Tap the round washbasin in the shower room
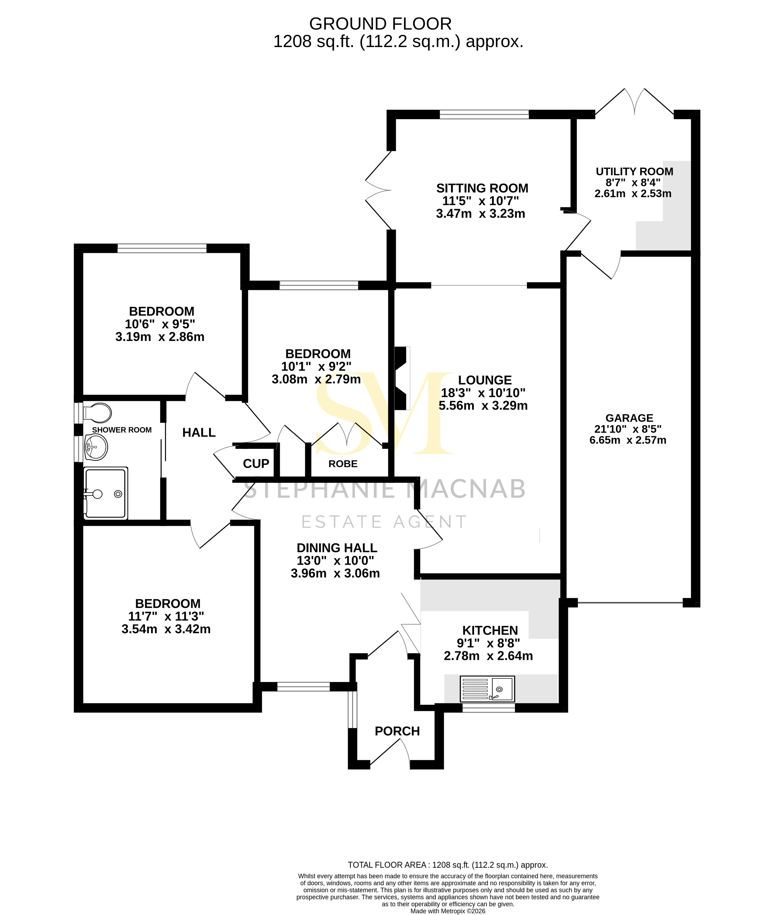pos(96,447)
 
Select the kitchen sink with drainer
pos(487,688)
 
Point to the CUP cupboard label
pos(256,464)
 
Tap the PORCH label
pos(397,731)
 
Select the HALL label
pos(199,433)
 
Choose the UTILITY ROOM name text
pos(634,172)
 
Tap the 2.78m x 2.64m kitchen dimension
pos(488,656)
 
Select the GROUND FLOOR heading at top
pos(380,24)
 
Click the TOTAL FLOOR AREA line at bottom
pos(447,865)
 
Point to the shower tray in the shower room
pos(105,493)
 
